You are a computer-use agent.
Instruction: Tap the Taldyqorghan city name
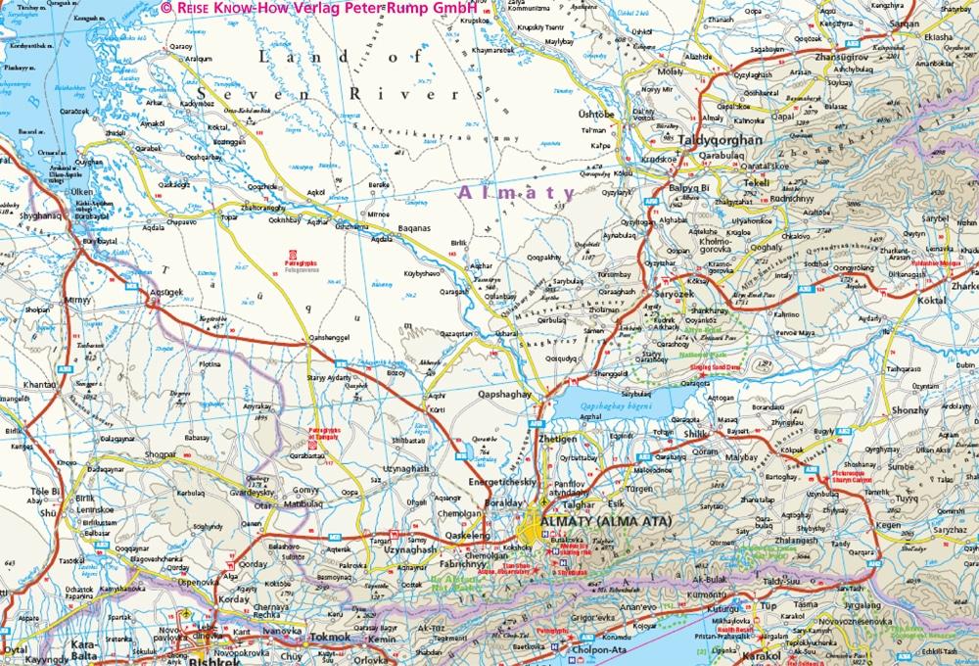pos(721,140)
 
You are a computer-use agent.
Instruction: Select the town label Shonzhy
pos(909,410)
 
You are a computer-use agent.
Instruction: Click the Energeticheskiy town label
pos(501,483)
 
